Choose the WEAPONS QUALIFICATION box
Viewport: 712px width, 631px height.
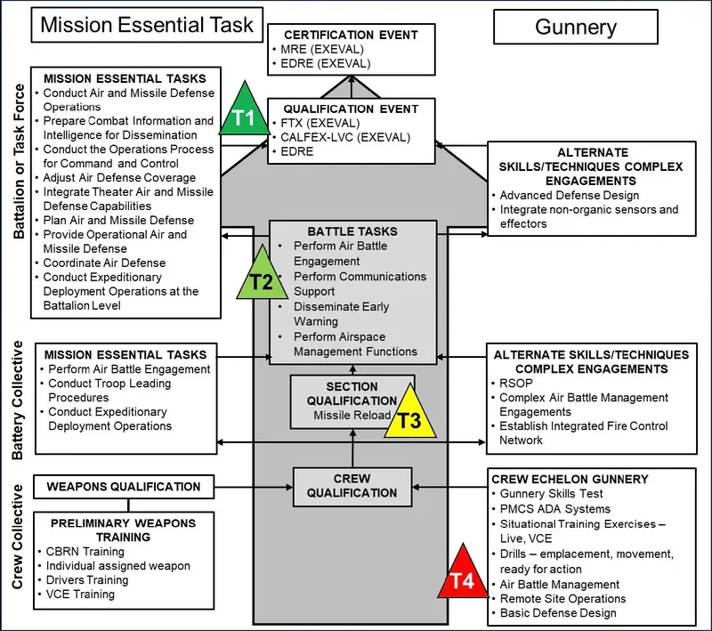(124, 487)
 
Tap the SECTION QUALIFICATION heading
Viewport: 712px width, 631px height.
(352, 393)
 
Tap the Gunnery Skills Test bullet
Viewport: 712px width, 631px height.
(551, 494)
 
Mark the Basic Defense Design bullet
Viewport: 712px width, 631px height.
(557, 613)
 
